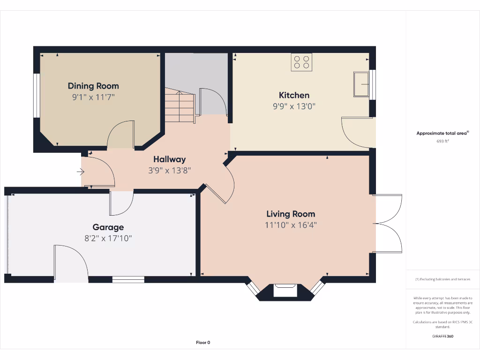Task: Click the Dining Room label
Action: (93, 86)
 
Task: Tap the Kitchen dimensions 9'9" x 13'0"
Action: (294, 106)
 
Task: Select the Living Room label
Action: (291, 214)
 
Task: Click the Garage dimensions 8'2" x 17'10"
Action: (108, 238)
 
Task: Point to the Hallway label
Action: (169, 159)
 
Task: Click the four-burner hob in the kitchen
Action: (301, 62)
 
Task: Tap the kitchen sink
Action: (361, 84)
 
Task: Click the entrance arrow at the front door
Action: (80, 172)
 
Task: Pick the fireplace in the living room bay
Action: (285, 291)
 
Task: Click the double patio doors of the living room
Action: (388, 224)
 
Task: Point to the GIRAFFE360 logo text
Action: (442, 336)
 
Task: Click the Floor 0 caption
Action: (203, 343)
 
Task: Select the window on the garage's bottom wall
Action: (128, 280)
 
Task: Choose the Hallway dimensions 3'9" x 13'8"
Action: (169, 171)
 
